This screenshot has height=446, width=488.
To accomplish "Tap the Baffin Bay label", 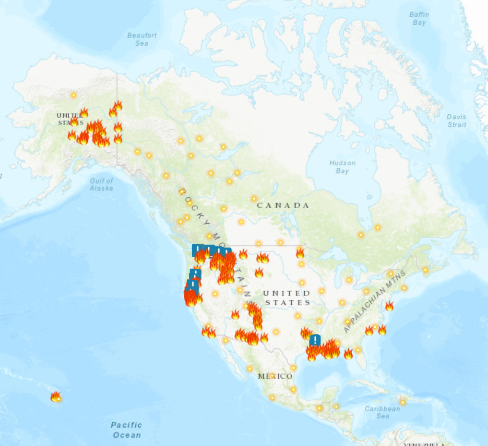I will [x=418, y=19].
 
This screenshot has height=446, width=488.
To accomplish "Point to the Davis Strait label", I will [x=456, y=121].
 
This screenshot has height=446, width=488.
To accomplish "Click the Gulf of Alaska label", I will [x=101, y=185].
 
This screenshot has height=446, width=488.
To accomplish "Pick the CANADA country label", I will [x=283, y=205].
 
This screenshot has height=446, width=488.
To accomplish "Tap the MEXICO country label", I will [x=275, y=376].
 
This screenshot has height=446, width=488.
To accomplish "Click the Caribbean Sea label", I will [x=382, y=412].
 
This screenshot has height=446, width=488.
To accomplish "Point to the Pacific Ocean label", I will [x=127, y=430].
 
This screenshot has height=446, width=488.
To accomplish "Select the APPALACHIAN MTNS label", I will [x=375, y=302].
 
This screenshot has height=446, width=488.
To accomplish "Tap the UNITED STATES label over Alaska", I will [x=70, y=119].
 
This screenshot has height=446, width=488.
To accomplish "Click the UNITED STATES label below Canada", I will [x=287, y=297].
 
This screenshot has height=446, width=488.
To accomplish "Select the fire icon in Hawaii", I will [x=55, y=396].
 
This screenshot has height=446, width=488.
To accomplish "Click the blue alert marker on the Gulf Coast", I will [x=315, y=340].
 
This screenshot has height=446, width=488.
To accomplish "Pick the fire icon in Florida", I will [x=348, y=354].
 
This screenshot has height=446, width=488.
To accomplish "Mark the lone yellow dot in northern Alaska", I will [x=73, y=95].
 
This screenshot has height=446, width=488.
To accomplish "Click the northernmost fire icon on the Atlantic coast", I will [x=389, y=306].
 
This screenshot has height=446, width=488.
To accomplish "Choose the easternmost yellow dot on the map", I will [x=425, y=270].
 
